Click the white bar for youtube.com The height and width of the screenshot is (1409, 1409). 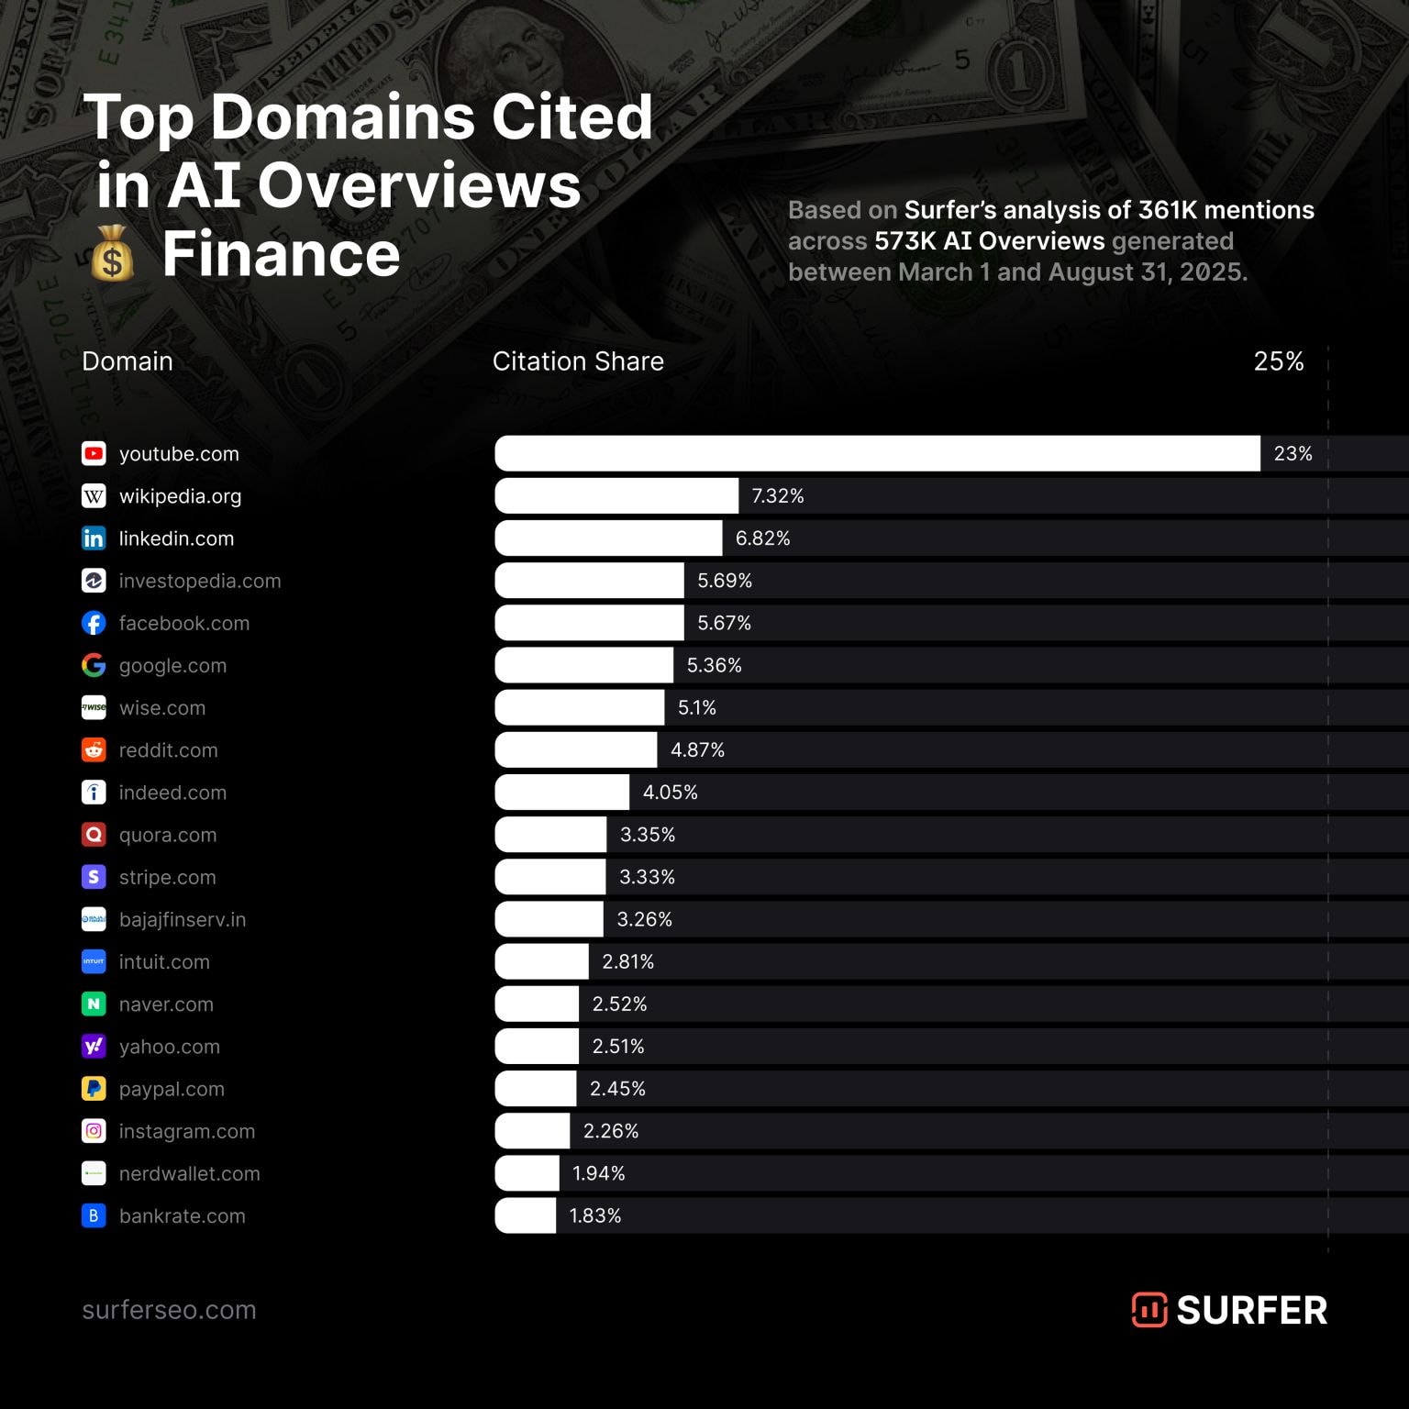(x=877, y=453)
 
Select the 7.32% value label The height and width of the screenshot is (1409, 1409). (x=777, y=496)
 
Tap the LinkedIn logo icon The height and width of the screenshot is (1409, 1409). (x=94, y=538)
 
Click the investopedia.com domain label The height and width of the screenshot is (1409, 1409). (x=199, y=581)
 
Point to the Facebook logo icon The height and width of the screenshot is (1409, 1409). (x=94, y=623)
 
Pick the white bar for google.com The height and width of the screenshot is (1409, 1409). (x=584, y=665)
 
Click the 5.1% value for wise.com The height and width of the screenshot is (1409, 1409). (x=696, y=708)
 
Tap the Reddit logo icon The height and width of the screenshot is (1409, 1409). (x=94, y=749)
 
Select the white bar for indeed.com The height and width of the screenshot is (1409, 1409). (x=562, y=793)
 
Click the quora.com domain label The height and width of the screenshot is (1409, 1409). (x=167, y=835)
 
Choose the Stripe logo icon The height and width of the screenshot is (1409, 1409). (x=94, y=877)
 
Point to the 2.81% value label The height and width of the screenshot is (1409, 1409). (x=627, y=961)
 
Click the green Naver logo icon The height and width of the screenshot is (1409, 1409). (x=94, y=1004)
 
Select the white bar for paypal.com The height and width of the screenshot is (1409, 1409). (x=536, y=1089)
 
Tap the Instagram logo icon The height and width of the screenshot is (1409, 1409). (x=94, y=1131)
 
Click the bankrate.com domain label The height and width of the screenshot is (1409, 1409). (x=182, y=1216)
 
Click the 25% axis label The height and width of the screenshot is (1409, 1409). (x=1278, y=361)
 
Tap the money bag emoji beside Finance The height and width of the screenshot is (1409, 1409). (x=112, y=254)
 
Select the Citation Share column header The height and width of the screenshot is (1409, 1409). (x=578, y=361)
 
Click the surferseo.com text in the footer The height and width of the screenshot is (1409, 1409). (x=169, y=1310)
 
